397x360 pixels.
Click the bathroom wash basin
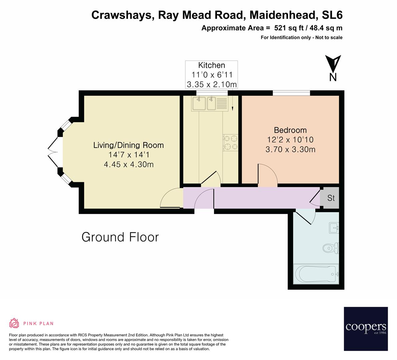(334, 228)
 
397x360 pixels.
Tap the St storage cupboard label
(331, 198)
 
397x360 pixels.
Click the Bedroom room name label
(290, 130)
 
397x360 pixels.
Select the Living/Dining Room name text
(128, 145)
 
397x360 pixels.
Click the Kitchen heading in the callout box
(212, 65)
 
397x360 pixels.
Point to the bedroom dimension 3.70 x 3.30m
(290, 150)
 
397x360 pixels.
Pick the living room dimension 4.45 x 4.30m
(129, 164)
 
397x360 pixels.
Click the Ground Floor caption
(120, 237)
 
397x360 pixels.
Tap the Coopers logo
(366, 329)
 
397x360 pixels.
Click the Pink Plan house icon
(14, 323)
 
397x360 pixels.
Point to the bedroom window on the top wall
(291, 93)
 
